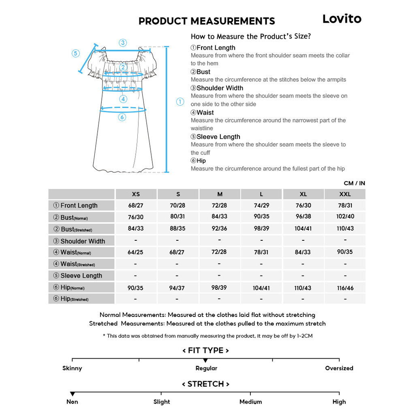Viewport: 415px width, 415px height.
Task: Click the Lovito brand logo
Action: coord(342,19)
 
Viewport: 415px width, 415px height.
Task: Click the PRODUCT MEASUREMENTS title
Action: coord(207,21)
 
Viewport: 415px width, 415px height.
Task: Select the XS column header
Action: coord(136,194)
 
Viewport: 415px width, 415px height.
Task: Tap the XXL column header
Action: coord(345,194)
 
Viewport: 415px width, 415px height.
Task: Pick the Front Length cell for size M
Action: coord(219,205)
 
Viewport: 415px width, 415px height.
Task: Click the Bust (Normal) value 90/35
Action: coord(261,216)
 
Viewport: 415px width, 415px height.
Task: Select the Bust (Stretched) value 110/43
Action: coord(345,228)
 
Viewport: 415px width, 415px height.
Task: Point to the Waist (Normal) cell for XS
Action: coord(135,252)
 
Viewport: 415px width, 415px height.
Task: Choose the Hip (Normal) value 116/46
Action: coord(345,288)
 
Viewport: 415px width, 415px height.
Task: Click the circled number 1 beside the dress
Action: coord(180,102)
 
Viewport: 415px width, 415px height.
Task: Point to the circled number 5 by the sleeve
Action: coord(76,53)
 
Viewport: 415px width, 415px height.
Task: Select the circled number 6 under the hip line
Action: coord(122,118)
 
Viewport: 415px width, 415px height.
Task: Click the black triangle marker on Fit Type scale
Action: coord(205,360)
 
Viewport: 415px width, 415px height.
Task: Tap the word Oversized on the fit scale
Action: coord(339,368)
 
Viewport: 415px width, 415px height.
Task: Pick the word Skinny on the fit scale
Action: coord(72,368)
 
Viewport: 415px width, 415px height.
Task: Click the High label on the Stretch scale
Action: coord(339,402)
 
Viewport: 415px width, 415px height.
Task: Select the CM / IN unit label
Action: coord(354,183)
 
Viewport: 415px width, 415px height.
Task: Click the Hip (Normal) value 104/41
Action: coord(261,288)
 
